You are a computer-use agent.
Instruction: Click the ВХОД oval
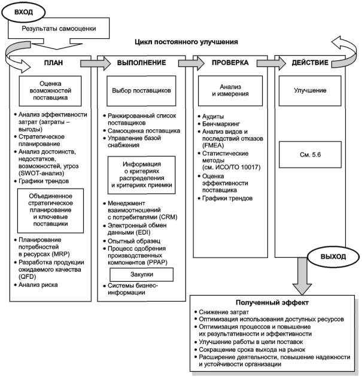23,12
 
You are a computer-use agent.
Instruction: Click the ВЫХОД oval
333,257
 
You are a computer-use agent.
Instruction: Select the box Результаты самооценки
59,28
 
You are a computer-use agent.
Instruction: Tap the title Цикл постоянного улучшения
186,42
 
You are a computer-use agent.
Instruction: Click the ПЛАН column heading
53,63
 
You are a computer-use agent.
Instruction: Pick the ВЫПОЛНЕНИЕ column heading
142,63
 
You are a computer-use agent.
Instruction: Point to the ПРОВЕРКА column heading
230,63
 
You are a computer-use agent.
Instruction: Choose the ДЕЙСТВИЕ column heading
310,63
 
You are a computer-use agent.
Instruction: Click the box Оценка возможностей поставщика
50,91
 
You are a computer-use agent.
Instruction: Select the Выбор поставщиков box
141,90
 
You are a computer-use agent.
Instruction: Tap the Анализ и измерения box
230,90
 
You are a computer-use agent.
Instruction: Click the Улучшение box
310,90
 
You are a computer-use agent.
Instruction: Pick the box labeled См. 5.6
310,154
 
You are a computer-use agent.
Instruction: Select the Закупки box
142,274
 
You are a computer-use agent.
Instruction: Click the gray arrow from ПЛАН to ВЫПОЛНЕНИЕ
95,63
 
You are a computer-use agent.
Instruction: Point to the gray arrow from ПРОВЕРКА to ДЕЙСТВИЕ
272,63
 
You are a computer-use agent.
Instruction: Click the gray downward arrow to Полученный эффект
302,276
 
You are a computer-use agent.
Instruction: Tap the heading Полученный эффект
272,302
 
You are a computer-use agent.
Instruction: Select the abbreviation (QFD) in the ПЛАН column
27,276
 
